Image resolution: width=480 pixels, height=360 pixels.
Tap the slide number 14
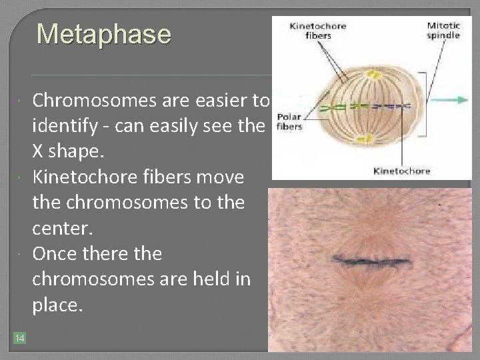(19, 339)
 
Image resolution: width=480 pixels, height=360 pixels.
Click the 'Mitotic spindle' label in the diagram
(443, 30)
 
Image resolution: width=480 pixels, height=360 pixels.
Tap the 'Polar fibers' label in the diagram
(288, 120)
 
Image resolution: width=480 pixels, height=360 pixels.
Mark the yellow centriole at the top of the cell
(361, 67)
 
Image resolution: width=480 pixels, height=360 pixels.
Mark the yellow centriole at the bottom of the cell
(362, 139)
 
